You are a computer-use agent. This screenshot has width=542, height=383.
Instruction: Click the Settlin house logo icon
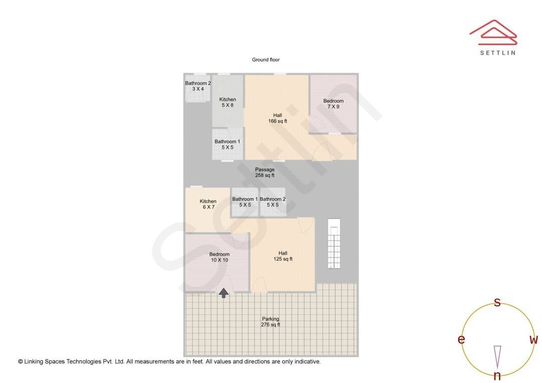493,33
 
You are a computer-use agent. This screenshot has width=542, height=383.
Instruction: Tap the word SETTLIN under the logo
498,53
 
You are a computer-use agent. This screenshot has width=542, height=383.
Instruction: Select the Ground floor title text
265,60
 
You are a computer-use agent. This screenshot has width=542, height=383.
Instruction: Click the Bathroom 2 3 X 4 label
198,86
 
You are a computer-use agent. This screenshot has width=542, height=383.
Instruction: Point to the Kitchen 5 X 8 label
227,102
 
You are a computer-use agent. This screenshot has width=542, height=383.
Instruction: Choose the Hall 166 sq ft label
278,118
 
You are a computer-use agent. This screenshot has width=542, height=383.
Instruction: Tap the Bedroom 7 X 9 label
333,104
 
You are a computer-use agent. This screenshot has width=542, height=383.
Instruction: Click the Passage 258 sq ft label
265,172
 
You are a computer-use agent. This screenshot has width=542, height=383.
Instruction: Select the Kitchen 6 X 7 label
208,204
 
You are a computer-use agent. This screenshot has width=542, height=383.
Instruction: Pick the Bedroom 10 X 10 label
219,257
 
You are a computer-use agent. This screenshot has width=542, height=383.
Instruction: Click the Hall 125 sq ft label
283,256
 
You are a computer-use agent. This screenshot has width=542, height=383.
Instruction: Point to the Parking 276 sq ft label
270,321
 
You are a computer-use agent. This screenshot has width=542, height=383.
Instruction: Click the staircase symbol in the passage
334,243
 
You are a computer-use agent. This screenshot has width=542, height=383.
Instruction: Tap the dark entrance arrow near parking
224,293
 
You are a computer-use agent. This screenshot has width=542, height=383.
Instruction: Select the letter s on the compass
497,302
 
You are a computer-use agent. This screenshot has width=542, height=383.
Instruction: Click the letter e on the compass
461,339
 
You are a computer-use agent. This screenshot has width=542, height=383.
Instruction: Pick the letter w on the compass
533,340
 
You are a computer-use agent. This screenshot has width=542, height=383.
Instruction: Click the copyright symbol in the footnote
21,361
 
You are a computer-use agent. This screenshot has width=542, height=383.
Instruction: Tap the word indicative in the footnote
307,361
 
